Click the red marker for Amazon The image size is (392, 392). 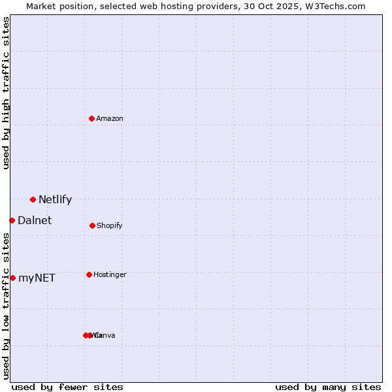tap(92, 118)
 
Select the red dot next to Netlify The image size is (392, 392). tap(33, 199)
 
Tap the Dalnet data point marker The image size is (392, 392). tap(12, 220)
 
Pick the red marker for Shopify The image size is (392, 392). tap(92, 225)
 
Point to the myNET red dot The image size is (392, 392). tap(12, 278)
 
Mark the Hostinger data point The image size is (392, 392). tap(89, 274)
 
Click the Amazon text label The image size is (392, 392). tap(110, 118)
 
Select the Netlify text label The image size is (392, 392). tap(55, 199)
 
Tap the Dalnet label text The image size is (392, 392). tap(35, 220)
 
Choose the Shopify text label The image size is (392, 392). tap(110, 225)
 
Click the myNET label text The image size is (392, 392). tap(37, 278)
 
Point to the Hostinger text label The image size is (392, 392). tap(110, 274)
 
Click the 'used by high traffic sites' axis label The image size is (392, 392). tap(6, 93)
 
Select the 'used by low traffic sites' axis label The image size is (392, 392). tap(6, 306)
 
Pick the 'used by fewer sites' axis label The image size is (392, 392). tap(67, 387)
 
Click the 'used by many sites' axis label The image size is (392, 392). tap(328, 387)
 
